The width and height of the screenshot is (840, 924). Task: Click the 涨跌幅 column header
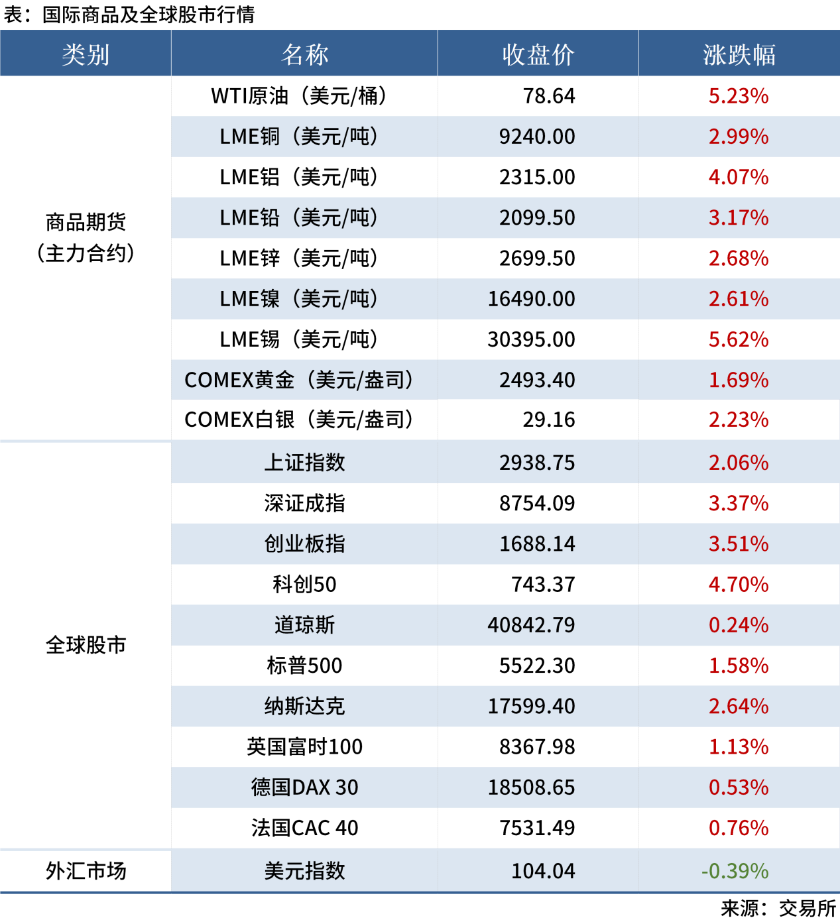tap(739, 54)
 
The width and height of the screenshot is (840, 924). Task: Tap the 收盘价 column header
tap(538, 54)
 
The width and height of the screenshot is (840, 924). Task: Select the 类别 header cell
tap(86, 54)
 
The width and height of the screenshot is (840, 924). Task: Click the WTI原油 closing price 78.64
tap(549, 96)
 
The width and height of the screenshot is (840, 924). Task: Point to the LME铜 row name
tap(299, 137)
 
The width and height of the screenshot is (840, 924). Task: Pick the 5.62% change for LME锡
tap(739, 339)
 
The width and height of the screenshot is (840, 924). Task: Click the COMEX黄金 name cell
tap(299, 380)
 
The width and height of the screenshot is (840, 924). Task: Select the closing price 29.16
tap(549, 420)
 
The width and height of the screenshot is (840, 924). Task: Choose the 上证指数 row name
tap(304, 463)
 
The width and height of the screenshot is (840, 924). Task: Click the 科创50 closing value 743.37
tap(543, 585)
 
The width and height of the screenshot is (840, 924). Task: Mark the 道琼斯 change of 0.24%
tap(739, 625)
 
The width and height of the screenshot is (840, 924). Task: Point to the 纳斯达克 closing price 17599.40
tap(531, 706)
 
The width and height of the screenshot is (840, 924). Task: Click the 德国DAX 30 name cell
tap(304, 787)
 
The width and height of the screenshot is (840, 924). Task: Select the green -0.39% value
tap(735, 871)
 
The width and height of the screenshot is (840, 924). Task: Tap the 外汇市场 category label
tap(86, 871)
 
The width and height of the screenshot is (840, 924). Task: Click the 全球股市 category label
tap(86, 645)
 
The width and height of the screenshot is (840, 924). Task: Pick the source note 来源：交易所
tap(778, 908)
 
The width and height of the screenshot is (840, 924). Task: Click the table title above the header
tap(129, 15)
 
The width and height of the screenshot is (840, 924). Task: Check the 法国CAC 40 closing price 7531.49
tap(537, 828)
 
